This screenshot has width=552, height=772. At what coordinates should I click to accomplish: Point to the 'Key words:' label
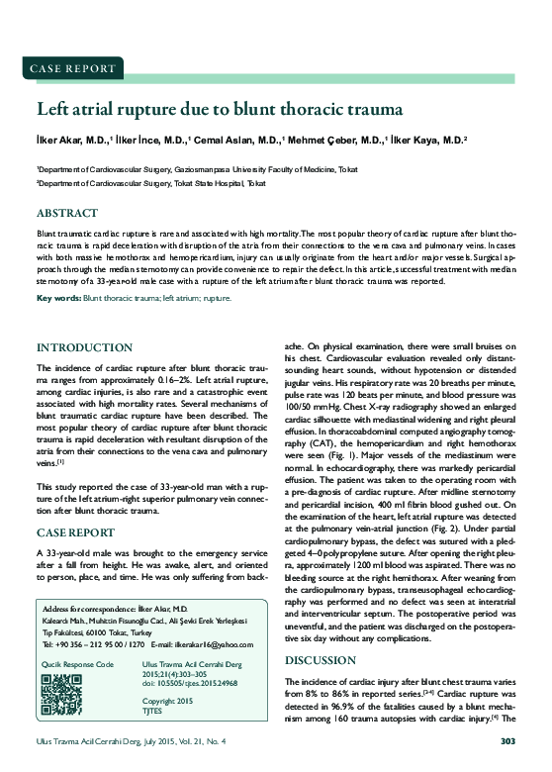(58, 298)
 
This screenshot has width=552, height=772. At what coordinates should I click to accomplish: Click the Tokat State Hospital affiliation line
(151, 183)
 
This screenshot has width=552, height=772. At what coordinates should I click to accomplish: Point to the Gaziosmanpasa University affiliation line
(197, 169)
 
